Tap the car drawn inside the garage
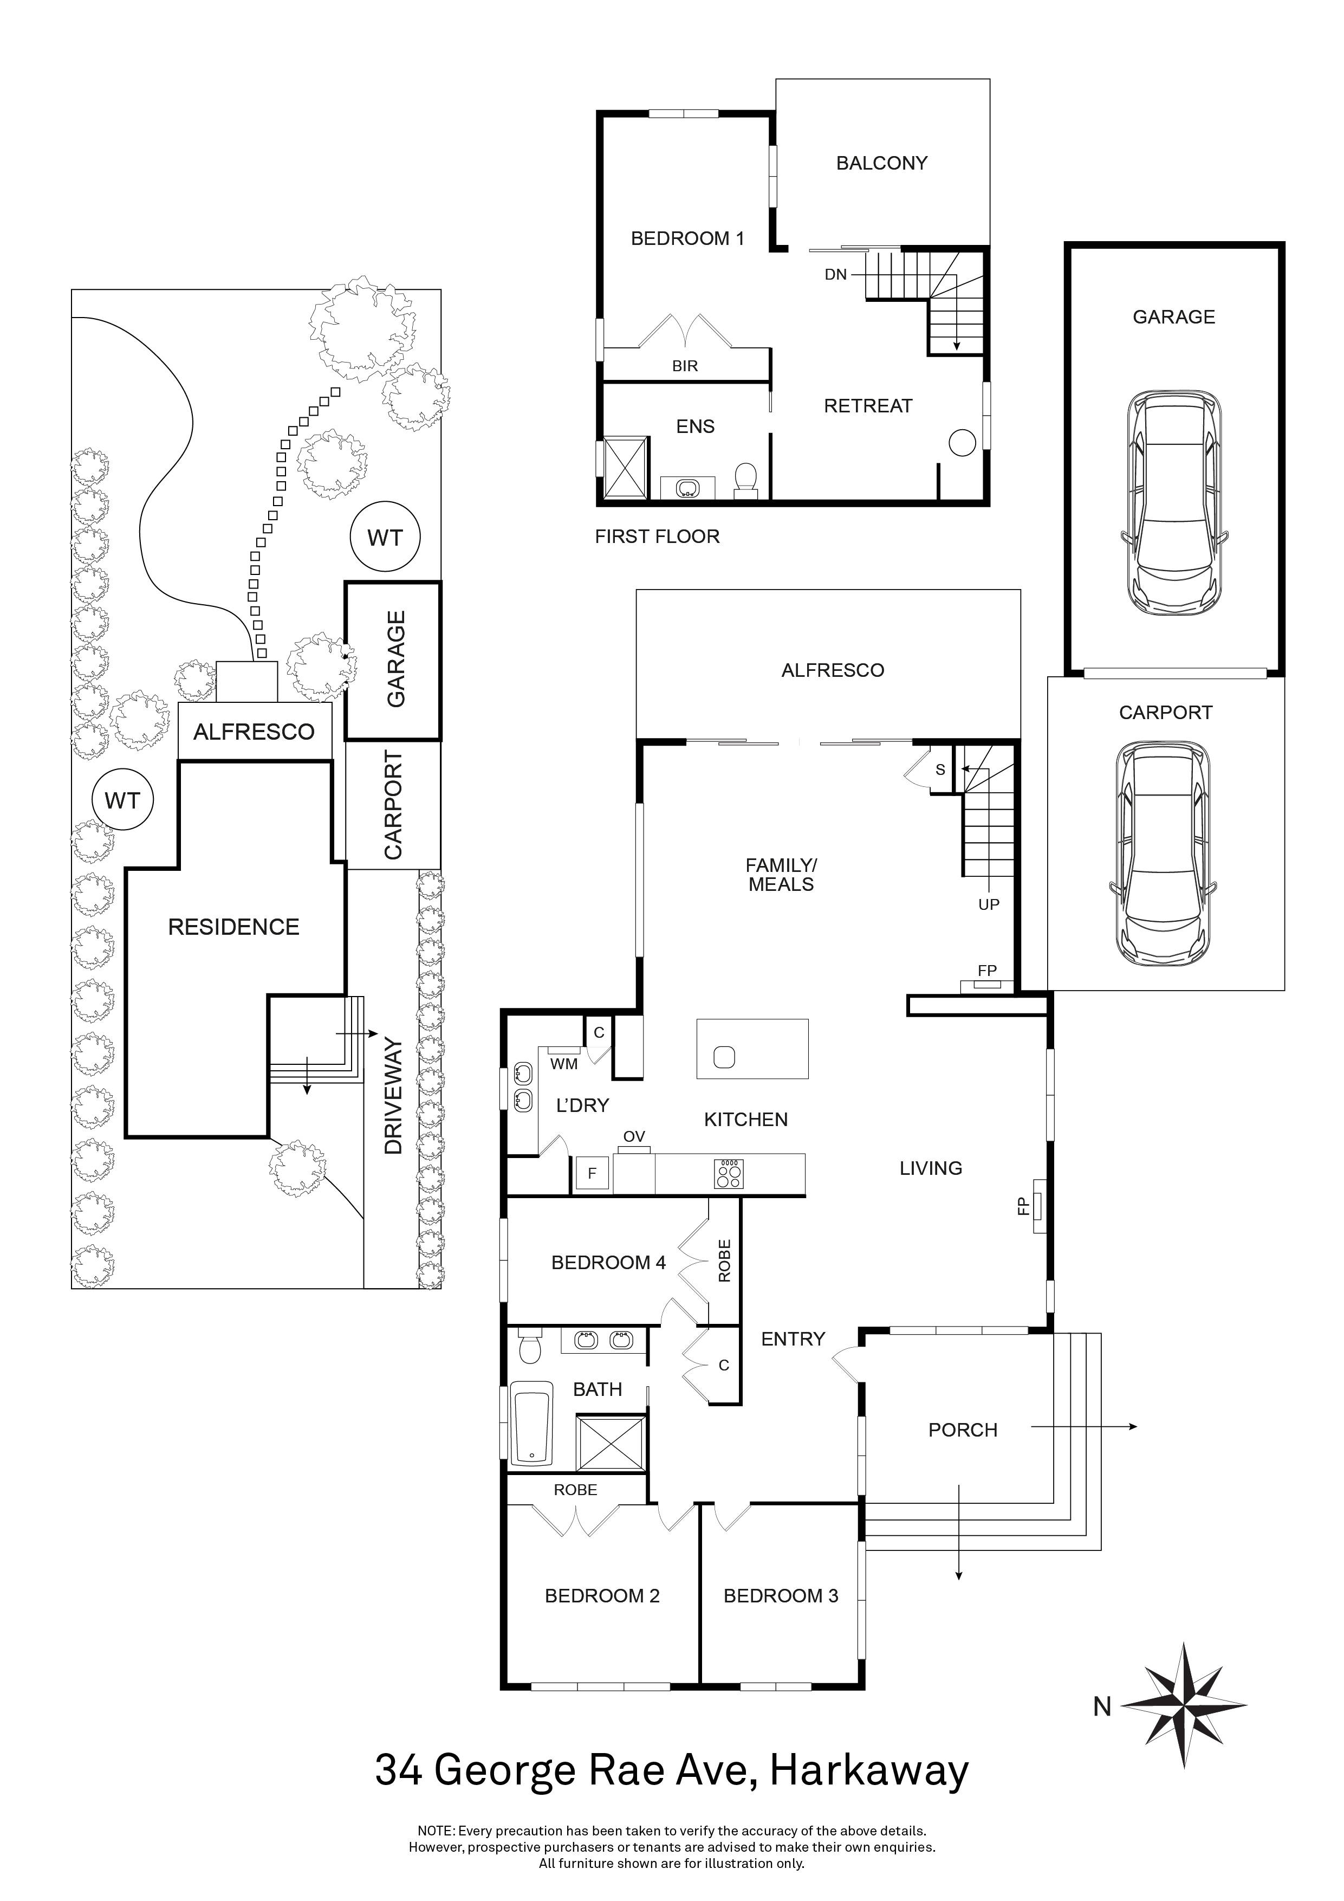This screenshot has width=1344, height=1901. click(x=1174, y=502)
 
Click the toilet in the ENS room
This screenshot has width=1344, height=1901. click(x=745, y=479)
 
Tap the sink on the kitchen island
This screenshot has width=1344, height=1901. click(x=724, y=1057)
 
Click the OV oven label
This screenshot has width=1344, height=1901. click(x=634, y=1137)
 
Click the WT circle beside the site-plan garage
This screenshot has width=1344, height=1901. click(x=385, y=538)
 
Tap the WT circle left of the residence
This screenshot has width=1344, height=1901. click(x=122, y=800)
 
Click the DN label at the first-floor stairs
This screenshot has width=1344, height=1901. click(x=836, y=274)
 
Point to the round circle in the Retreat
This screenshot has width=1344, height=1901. click(x=962, y=443)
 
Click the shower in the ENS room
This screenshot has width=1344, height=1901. click(x=626, y=467)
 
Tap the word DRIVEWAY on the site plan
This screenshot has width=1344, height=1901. click(x=393, y=1097)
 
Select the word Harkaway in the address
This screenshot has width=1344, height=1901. click(x=869, y=1770)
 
